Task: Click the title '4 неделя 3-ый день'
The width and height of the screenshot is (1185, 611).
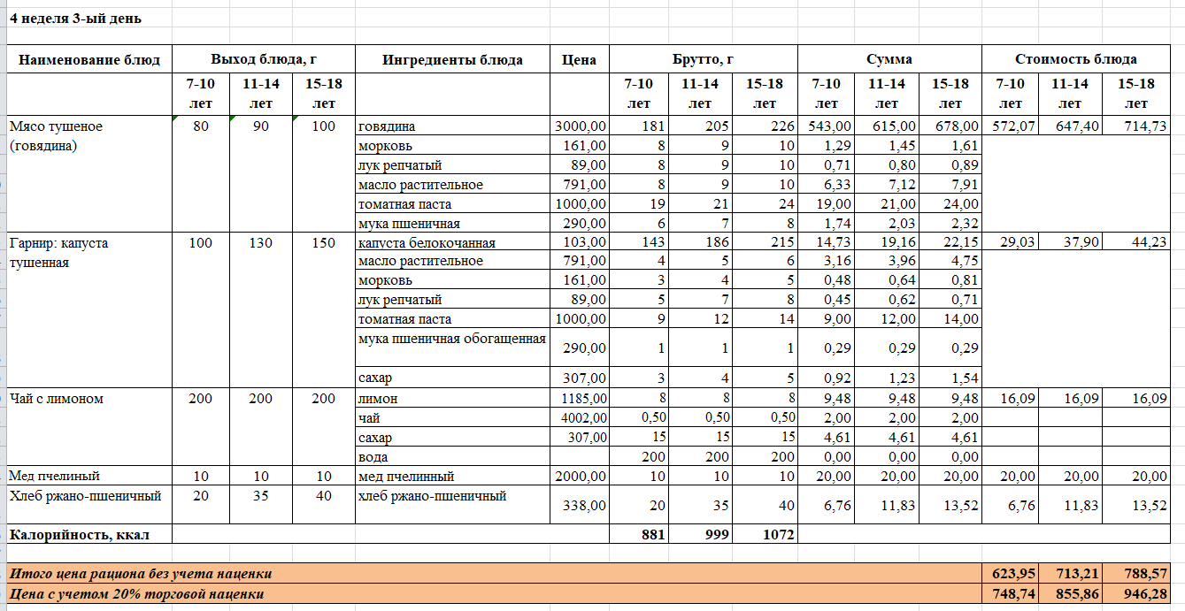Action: coord(75,19)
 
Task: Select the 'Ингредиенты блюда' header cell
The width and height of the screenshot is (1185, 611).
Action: coord(452,60)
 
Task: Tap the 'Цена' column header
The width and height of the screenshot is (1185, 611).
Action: coord(579,60)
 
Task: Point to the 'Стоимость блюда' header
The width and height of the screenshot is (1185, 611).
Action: coord(1076,59)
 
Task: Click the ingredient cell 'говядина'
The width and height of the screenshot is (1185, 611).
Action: coord(387,126)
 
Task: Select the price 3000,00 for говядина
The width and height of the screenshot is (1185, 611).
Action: coord(581,126)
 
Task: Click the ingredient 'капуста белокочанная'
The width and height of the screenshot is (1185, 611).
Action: coord(427,243)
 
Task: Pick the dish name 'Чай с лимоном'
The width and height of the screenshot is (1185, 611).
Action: coord(57,399)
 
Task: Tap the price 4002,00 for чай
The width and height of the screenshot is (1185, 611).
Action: coord(581,418)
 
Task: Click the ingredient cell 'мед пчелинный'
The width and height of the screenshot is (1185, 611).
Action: coord(406,477)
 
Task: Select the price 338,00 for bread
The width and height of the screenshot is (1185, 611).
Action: coord(581,506)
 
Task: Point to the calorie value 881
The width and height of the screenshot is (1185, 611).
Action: coord(650,534)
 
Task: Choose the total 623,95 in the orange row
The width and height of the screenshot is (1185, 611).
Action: coord(1013,574)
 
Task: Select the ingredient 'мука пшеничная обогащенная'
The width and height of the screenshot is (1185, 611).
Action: coord(451,338)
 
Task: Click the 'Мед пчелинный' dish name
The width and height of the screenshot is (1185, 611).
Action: coord(54,477)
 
